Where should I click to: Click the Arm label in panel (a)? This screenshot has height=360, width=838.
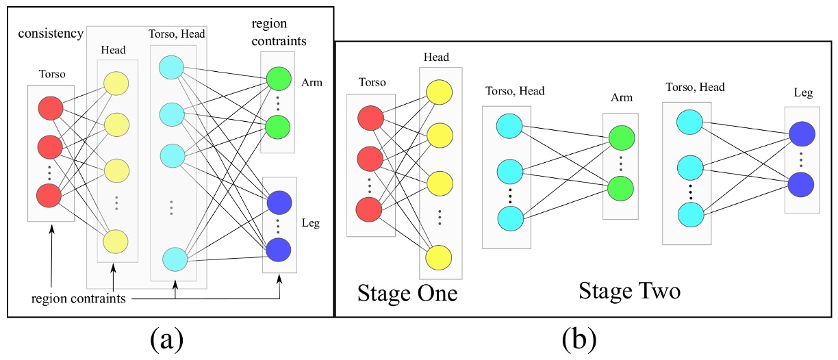click(x=312, y=82)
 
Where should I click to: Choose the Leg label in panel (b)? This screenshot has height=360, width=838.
click(x=802, y=92)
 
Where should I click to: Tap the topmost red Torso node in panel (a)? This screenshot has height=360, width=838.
click(x=51, y=108)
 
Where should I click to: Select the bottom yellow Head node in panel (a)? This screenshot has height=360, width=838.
click(x=115, y=241)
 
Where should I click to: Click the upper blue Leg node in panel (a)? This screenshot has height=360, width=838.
click(x=278, y=203)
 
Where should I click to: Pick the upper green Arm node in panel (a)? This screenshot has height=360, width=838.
click(x=278, y=77)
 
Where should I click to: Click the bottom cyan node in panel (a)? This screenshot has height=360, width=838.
click(x=175, y=260)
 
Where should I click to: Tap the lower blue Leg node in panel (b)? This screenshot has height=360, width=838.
click(x=801, y=184)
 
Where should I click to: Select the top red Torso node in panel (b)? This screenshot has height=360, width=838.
click(x=370, y=119)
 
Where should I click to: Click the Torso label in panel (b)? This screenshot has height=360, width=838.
click(x=372, y=82)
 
